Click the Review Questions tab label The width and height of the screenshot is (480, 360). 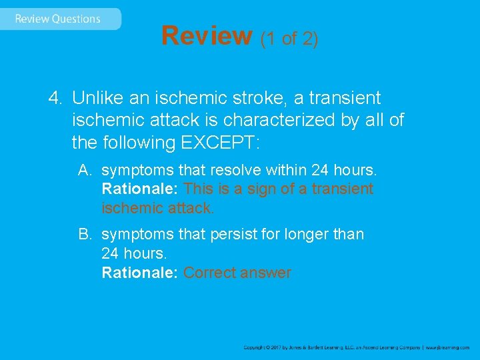57,19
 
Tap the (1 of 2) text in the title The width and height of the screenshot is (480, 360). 289,39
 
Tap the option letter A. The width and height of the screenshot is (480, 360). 84,170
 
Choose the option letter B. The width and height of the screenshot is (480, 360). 84,234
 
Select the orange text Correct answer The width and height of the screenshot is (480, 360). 237,273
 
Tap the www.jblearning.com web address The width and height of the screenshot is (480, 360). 447,347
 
